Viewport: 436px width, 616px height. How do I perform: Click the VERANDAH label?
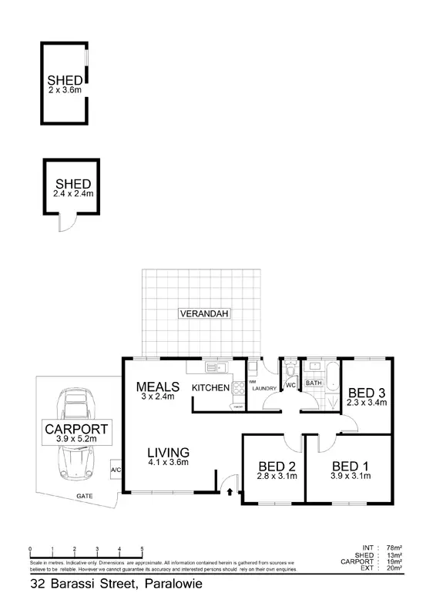[205, 313]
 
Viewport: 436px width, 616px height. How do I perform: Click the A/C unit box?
[116, 469]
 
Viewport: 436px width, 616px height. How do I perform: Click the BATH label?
[314, 383]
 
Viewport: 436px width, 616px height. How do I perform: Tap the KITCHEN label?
[210, 387]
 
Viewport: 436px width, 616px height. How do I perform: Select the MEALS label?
[158, 387]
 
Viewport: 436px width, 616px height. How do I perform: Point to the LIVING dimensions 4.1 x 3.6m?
[168, 462]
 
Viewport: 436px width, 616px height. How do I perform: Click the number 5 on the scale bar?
[143, 549]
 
